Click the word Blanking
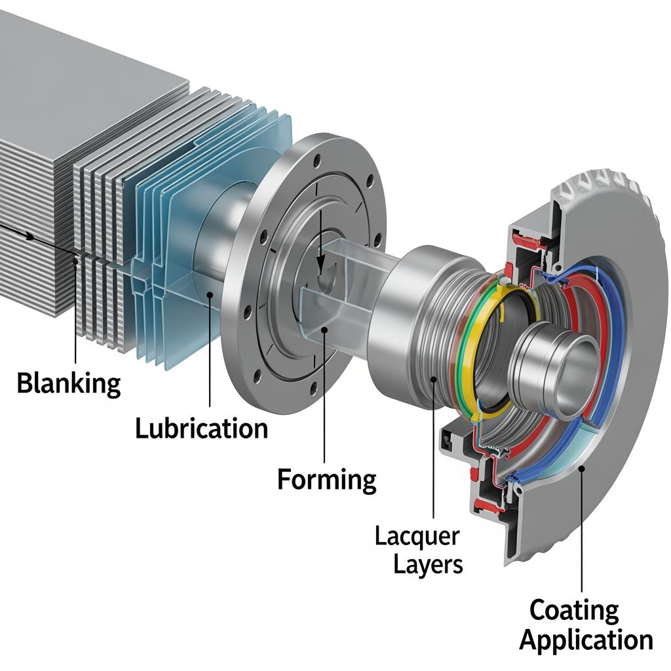[x=68, y=383]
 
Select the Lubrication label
[x=201, y=429]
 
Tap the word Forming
[x=326, y=480]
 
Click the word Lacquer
[x=417, y=537]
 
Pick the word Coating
[x=573, y=610]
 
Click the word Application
[x=586, y=640]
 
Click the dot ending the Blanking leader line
[x=77, y=261]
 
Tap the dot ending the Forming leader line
[x=324, y=332]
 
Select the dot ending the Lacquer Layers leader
[x=433, y=379]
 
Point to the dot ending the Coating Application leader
[x=581, y=467]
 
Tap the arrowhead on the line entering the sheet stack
[x=30, y=236]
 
